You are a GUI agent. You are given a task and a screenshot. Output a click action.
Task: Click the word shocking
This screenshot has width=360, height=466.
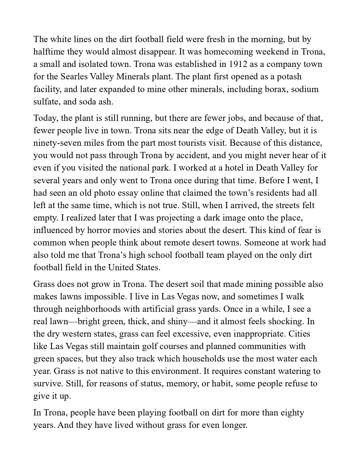point(285,321)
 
